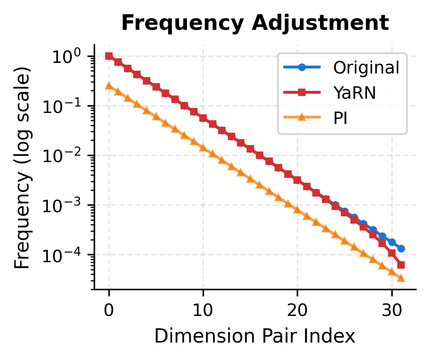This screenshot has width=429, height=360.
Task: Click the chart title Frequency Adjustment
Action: pos(255,23)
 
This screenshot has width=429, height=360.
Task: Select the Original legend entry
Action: pos(366,68)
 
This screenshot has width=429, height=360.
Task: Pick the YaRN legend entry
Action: pos(355,93)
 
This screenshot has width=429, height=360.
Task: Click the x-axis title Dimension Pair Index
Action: pos(255,337)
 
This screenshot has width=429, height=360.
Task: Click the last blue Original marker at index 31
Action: pos(401,248)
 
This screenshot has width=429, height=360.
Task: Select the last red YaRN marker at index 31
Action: pos(401,265)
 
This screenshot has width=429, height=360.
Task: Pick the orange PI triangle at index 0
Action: pos(109,86)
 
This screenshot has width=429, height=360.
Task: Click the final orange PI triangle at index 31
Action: pos(401,278)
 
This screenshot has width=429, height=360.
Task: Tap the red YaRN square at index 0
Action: pos(109,56)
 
